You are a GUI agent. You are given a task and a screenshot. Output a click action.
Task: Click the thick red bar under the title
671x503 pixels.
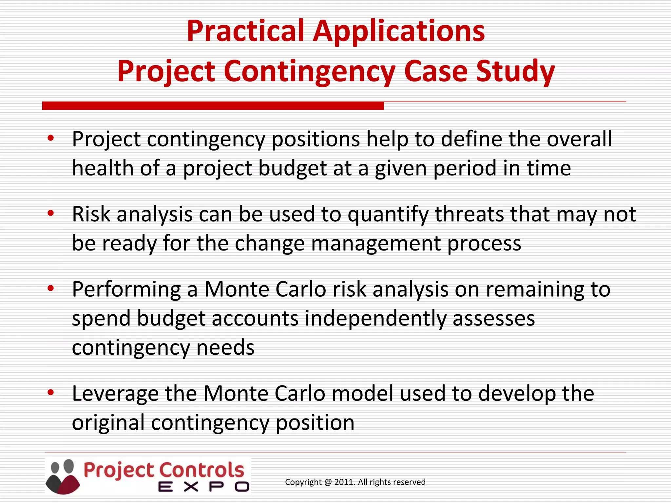[x=213, y=106]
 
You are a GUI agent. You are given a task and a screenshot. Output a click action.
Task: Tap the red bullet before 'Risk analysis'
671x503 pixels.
[x=50, y=214]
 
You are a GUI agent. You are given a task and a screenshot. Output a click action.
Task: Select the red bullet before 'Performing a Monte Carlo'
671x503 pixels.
[x=50, y=289]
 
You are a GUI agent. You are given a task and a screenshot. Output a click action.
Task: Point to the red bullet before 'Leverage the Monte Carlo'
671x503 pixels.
[x=50, y=392]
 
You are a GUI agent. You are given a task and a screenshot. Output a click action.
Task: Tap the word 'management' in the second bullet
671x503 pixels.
[x=376, y=244]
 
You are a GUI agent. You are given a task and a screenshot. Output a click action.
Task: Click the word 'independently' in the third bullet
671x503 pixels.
[x=375, y=319]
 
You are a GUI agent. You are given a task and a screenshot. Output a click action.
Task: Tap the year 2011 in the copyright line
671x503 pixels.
[x=344, y=482]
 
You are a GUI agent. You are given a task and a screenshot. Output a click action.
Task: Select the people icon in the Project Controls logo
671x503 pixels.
[x=62, y=476]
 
